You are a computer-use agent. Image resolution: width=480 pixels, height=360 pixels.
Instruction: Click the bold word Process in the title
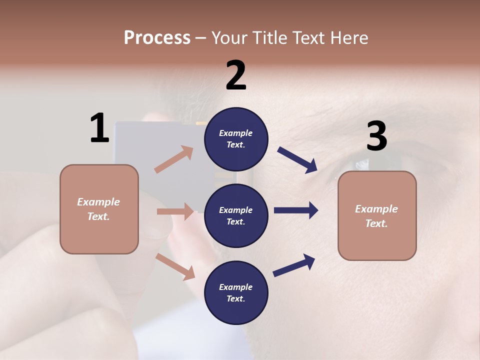[157, 37]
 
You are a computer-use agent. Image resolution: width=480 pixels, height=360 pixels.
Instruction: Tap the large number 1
[99, 128]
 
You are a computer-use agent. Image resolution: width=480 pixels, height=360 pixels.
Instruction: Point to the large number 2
[236, 75]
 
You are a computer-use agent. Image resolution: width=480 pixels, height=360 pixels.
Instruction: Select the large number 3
[376, 136]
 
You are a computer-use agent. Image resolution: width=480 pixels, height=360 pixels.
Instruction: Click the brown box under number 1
[99, 209]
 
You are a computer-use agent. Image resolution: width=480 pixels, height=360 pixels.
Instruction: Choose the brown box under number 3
[377, 215]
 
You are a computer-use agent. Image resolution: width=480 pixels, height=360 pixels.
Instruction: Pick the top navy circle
[236, 139]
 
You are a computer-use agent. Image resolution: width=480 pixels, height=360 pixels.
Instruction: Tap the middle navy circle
[236, 215]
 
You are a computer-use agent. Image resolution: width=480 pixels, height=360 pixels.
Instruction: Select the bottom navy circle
[236, 292]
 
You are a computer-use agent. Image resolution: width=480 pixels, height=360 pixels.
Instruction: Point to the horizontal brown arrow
[175, 211]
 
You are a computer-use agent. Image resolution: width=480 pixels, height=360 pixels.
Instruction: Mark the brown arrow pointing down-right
[175, 266]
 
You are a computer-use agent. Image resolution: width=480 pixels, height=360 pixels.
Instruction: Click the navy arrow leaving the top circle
[297, 160]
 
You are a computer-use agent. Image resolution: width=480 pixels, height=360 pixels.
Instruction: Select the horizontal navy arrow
[296, 210]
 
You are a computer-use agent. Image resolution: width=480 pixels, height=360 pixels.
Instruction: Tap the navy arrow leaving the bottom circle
[294, 265]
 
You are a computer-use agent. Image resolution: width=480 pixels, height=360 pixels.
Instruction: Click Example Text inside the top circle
[236, 139]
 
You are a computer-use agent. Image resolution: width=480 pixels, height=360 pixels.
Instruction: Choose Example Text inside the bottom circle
[236, 292]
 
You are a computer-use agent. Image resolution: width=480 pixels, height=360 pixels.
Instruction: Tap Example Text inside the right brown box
[377, 216]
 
